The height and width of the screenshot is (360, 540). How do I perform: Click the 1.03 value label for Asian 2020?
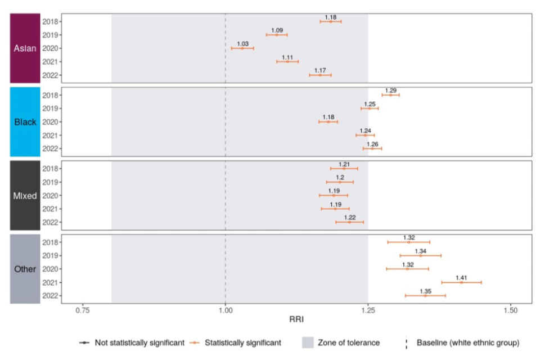point(243,43)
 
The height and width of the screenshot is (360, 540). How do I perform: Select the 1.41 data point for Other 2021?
point(462,282)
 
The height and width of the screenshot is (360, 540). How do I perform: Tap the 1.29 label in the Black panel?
point(391,90)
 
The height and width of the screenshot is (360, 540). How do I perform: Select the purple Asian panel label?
point(25,48)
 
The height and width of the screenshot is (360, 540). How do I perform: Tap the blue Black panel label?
point(25,122)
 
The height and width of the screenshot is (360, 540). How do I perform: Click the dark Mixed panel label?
point(25,196)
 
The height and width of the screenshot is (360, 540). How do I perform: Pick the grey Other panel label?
point(25,269)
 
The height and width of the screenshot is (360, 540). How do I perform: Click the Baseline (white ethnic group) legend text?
point(467,342)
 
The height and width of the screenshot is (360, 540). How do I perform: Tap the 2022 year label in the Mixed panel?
point(50,222)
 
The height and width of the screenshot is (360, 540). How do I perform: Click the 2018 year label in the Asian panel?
point(50,21)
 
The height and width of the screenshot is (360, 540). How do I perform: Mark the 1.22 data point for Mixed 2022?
point(349,222)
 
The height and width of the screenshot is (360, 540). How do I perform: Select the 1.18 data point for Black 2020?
point(328,121)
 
